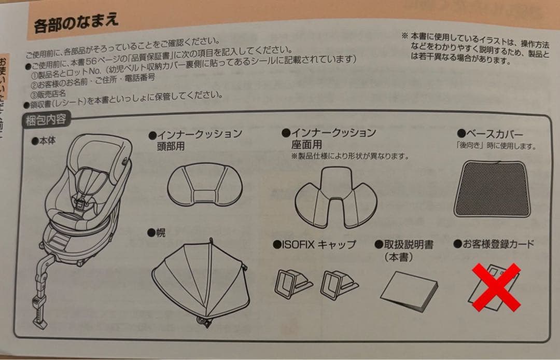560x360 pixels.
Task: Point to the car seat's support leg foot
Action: pos(39,322)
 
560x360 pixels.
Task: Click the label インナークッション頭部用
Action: pos(199,140)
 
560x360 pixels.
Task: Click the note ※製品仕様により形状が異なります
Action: pos(350,156)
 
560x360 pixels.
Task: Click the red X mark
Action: pos(496,287)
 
